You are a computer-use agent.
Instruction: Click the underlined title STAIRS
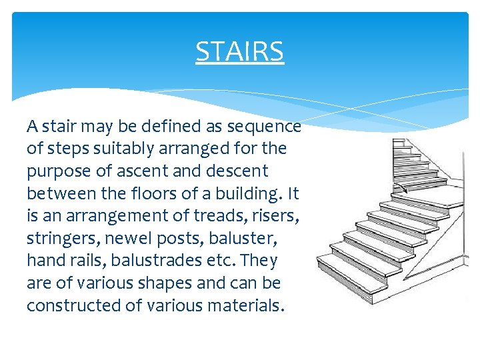point(239,51)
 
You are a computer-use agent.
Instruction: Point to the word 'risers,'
point(275,216)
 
